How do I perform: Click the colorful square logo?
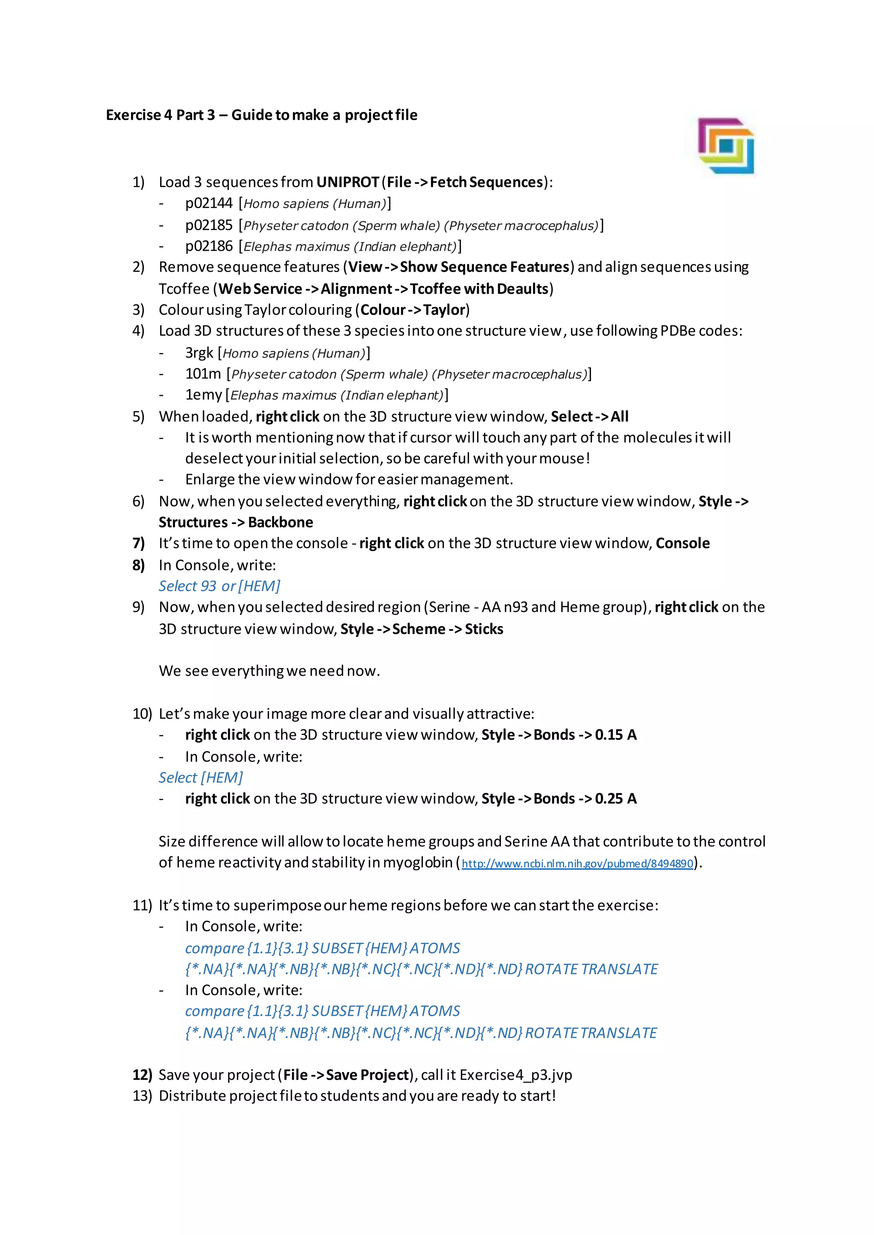pyautogui.click(x=725, y=146)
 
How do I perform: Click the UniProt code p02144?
pyautogui.click(x=209, y=203)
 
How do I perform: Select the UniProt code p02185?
pyautogui.click(x=209, y=225)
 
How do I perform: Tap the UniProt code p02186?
pyautogui.click(x=209, y=246)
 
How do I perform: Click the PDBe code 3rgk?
pyautogui.click(x=199, y=353)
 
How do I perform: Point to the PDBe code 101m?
pyautogui.click(x=203, y=374)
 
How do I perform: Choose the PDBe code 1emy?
pyautogui.click(x=204, y=395)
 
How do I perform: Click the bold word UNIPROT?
pyautogui.click(x=348, y=183)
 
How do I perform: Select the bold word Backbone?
pyautogui.click(x=280, y=522)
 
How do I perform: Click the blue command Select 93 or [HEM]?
pyautogui.click(x=219, y=586)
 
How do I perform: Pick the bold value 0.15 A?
pyautogui.click(x=616, y=735)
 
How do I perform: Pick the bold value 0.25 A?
pyautogui.click(x=616, y=799)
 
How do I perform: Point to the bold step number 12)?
pyautogui.click(x=143, y=1075)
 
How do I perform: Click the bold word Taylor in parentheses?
pyautogui.click(x=444, y=310)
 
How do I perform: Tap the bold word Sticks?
pyautogui.click(x=484, y=629)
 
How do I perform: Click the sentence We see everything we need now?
pyautogui.click(x=269, y=671)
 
